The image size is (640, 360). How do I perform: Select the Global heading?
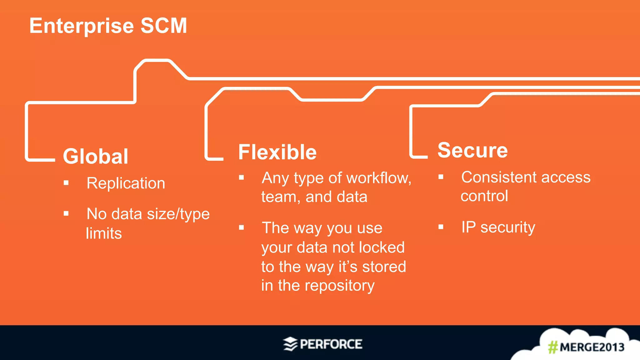pyautogui.click(x=96, y=156)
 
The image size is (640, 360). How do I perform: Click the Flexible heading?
pyautogui.click(x=277, y=152)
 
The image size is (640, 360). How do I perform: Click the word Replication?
pyautogui.click(x=126, y=183)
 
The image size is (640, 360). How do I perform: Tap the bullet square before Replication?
pyautogui.click(x=66, y=183)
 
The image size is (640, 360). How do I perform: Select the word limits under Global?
pyautogui.click(x=104, y=233)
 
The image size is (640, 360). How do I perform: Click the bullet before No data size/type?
pyautogui.click(x=66, y=214)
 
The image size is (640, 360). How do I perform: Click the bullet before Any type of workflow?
pyautogui.click(x=241, y=178)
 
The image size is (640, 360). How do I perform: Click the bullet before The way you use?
pyautogui.click(x=241, y=227)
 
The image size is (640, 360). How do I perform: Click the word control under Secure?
pyautogui.click(x=484, y=196)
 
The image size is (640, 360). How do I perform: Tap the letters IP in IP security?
pyautogui.click(x=468, y=227)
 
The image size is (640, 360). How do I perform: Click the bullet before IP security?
pyautogui.click(x=441, y=227)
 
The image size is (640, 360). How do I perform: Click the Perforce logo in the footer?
pyautogui.click(x=323, y=344)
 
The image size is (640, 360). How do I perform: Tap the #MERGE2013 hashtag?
pyautogui.click(x=586, y=347)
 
